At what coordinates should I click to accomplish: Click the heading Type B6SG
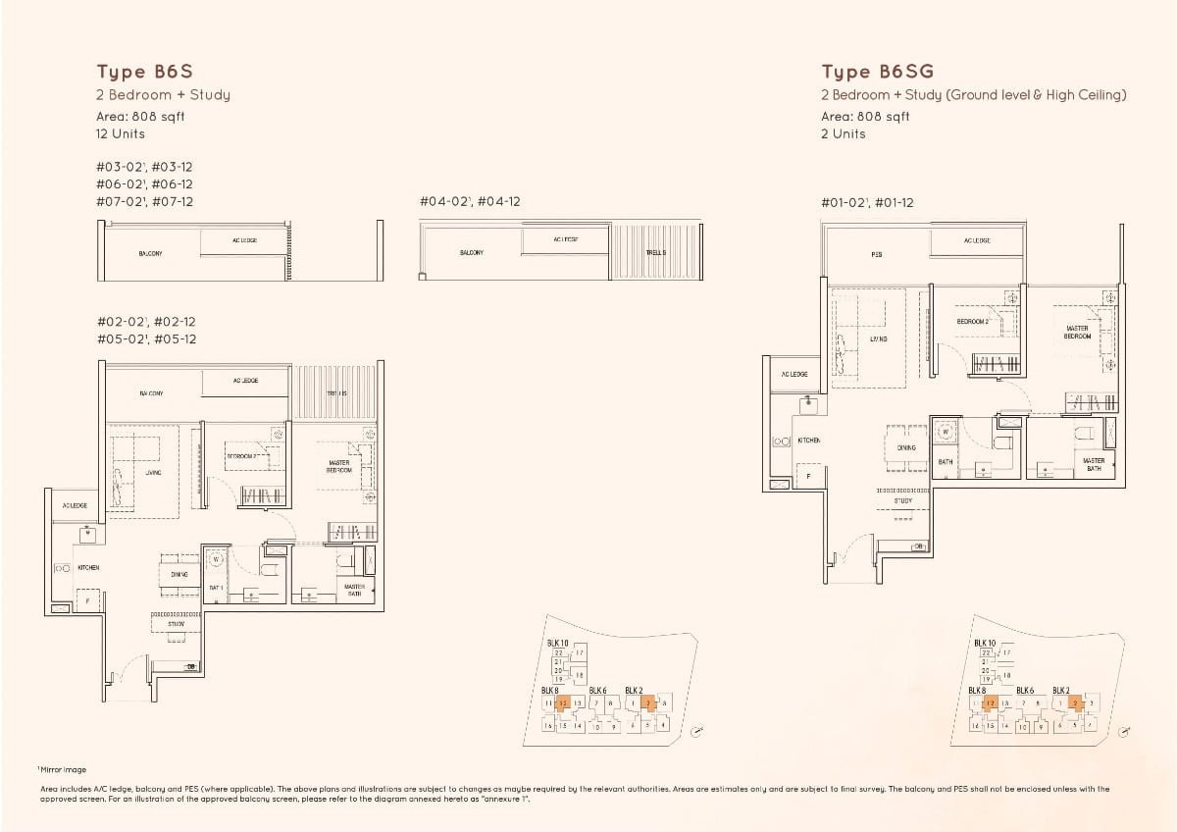[877, 72]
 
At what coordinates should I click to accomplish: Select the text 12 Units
[121, 133]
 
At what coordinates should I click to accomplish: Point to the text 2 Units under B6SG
[844, 133]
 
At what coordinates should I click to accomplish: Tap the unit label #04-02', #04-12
[470, 202]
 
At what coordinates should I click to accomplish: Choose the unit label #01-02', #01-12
[867, 202]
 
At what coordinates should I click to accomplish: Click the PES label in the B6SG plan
[877, 254]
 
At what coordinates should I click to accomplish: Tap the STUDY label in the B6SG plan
[903, 500]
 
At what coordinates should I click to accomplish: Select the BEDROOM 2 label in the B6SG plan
[972, 321]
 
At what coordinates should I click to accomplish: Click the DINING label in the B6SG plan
[906, 447]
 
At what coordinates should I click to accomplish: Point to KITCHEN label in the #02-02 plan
[88, 567]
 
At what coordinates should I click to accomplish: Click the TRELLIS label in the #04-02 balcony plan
[655, 252]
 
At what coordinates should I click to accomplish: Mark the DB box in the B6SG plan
[919, 546]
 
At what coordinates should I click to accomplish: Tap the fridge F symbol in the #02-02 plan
[87, 598]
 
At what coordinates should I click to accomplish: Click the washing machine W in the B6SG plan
[945, 430]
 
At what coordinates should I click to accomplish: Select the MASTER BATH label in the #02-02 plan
[354, 590]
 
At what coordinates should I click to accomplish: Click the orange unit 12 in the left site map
[564, 702]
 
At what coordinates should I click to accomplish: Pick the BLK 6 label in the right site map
[1025, 691]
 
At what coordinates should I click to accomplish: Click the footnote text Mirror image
[65, 770]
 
